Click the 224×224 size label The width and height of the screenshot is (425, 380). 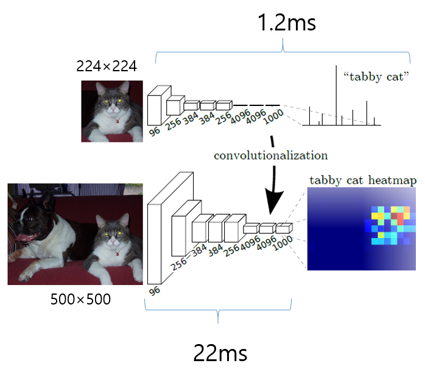(107, 66)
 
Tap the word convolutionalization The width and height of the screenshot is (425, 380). (270, 155)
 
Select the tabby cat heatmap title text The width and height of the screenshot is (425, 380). (363, 180)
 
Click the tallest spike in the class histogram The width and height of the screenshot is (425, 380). (337, 94)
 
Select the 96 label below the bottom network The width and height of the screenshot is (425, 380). (155, 290)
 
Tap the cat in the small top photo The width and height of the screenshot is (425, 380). (113, 110)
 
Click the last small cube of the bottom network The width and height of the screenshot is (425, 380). (284, 228)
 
